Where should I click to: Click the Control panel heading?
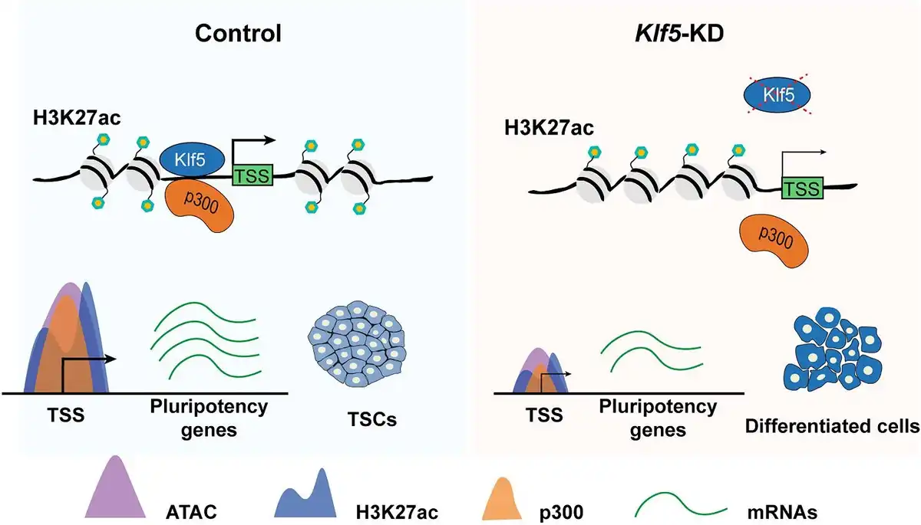point(238,34)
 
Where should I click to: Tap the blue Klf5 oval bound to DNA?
point(192,159)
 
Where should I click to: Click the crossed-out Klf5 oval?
point(774,95)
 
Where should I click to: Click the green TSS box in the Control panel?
point(252,176)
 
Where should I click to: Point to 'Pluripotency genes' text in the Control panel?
point(209,417)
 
